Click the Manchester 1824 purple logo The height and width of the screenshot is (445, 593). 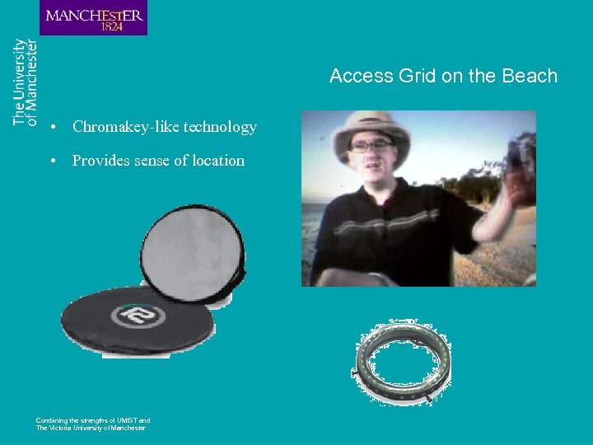(93, 17)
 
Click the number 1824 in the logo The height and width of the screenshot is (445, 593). (112, 26)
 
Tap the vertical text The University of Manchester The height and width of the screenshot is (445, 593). (26, 82)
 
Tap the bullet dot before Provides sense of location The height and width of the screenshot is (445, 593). (52, 162)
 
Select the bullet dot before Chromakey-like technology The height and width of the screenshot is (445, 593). (52, 128)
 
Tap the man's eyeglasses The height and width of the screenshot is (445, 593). (371, 145)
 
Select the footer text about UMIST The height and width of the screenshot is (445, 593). (92, 424)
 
